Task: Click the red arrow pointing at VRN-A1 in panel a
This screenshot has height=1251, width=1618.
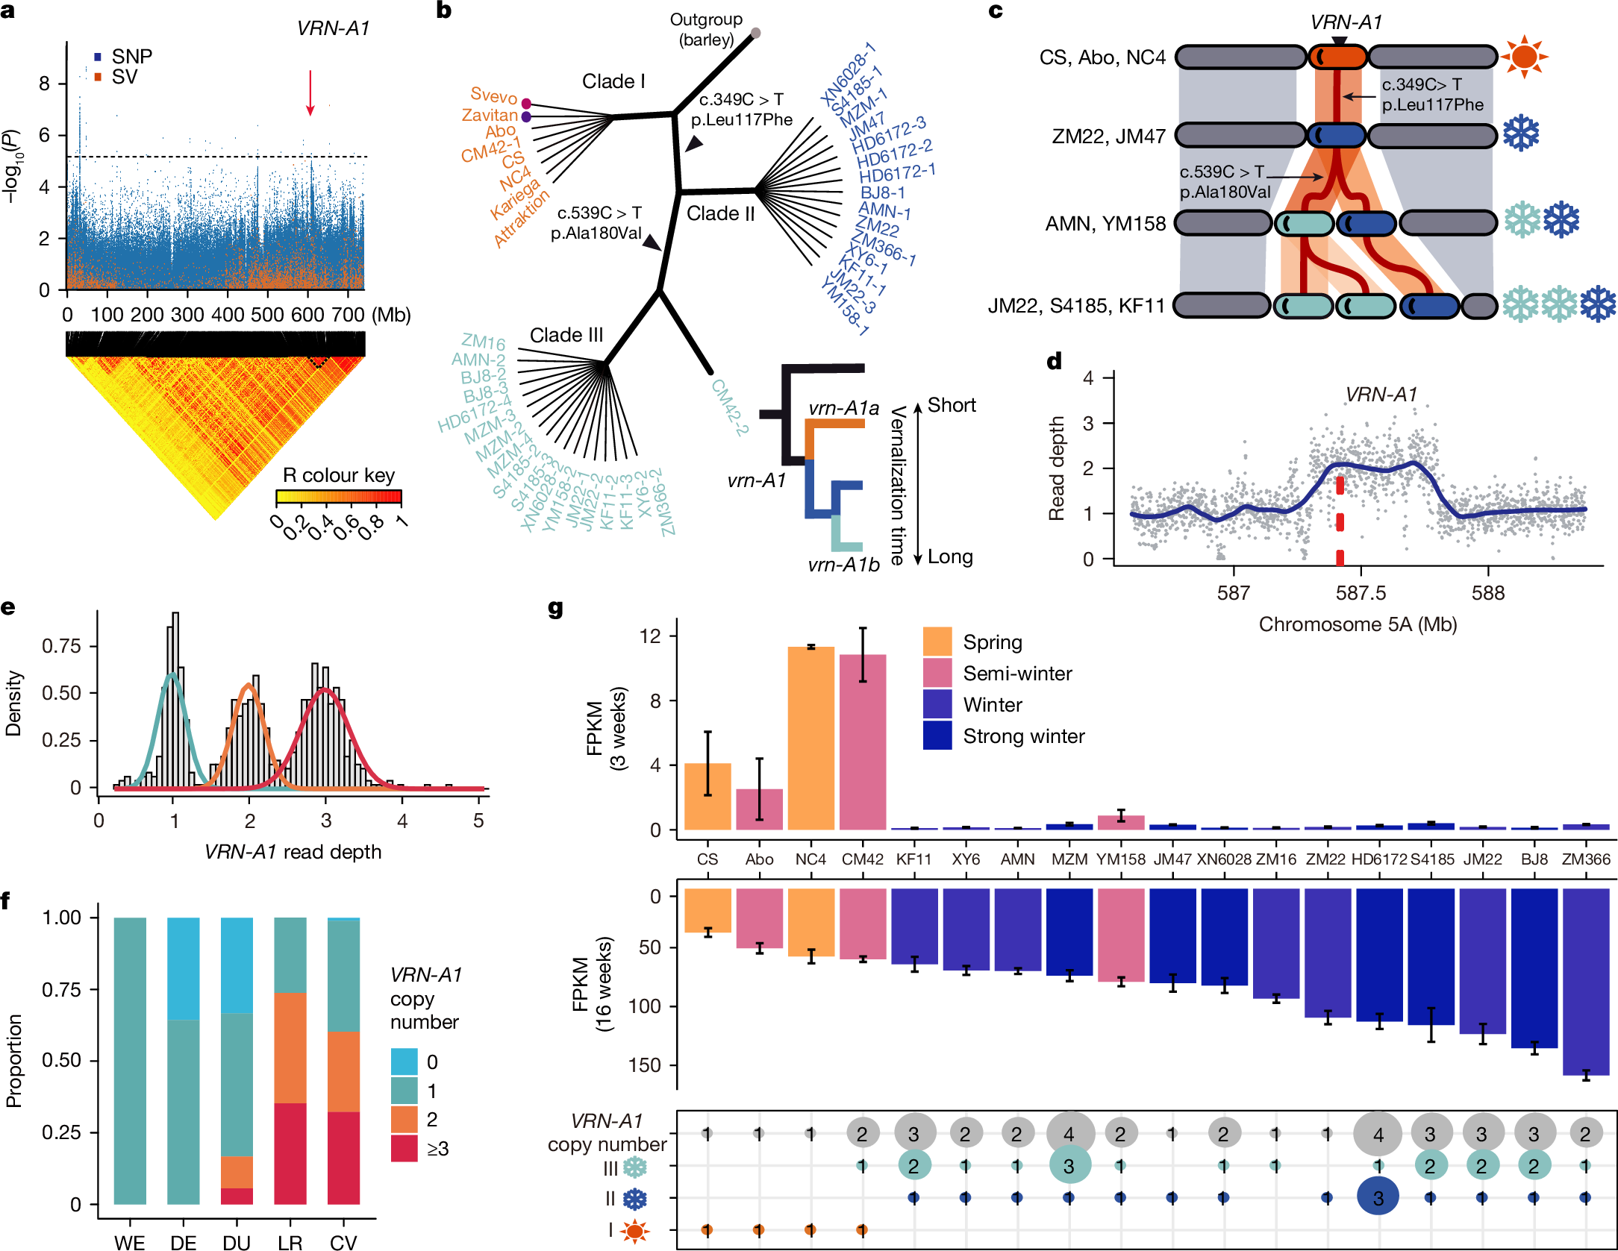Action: tap(310, 93)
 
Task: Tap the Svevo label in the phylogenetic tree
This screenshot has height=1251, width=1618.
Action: tap(493, 95)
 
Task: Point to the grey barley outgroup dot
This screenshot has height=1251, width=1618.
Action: tap(755, 33)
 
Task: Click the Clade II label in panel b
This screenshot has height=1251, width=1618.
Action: tap(720, 213)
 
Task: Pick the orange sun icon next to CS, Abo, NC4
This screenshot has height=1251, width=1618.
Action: tap(1524, 56)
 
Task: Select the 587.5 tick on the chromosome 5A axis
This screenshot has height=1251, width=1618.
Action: tap(1361, 592)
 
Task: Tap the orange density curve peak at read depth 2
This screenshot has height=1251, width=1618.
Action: tap(249, 686)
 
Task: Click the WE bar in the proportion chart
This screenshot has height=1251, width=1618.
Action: tap(130, 1060)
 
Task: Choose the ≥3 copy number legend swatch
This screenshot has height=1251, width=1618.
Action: tap(404, 1148)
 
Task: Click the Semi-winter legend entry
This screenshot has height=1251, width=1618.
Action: tap(1016, 674)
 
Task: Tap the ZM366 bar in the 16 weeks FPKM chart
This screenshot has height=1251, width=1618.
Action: tap(1585, 981)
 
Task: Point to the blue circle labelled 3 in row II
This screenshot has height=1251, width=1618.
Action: tap(1378, 1197)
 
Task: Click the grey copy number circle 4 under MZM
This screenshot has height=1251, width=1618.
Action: tap(1069, 1134)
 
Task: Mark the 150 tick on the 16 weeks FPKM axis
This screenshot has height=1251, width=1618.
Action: tap(645, 1065)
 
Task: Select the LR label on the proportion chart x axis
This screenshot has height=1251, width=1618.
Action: tap(290, 1242)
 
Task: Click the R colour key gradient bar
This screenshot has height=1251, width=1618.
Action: tap(339, 497)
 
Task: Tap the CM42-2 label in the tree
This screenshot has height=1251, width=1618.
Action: tap(729, 407)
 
